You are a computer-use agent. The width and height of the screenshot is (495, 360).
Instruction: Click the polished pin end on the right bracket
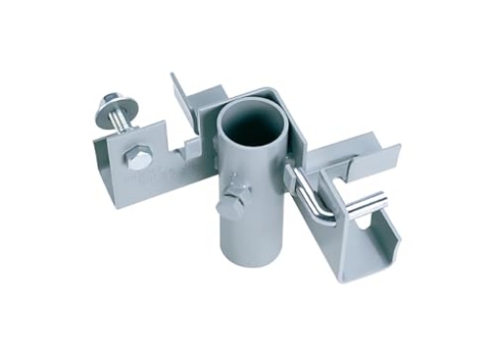coord(373,204)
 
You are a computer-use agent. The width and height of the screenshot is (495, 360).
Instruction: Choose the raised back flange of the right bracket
coord(374,155)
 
